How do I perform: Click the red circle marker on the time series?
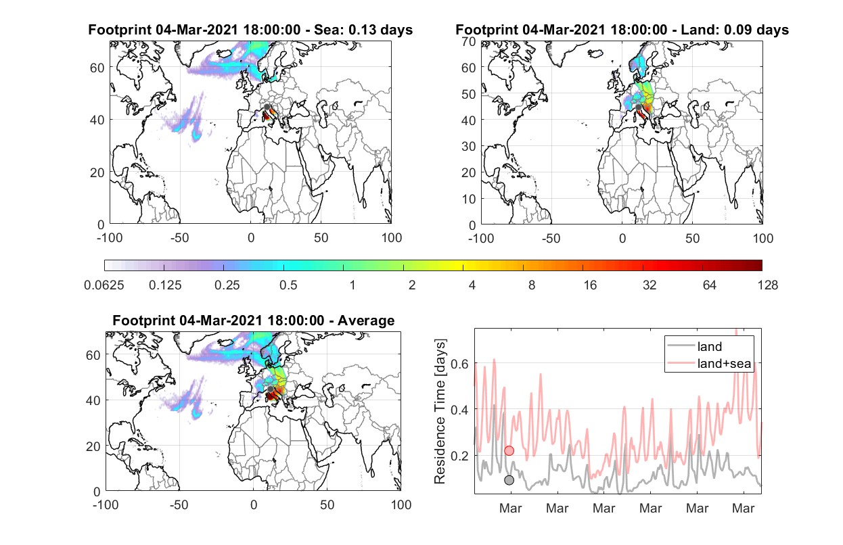point(509,450)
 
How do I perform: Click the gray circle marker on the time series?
point(509,480)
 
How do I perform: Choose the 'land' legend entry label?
point(710,346)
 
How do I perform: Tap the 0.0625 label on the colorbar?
point(104,285)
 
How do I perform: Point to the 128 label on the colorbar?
point(767,285)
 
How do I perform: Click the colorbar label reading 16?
point(590,285)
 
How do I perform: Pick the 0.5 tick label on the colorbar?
point(288,285)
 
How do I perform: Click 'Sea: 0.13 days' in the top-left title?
point(363,30)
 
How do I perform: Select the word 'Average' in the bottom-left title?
point(366,321)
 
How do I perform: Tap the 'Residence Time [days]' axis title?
point(440,412)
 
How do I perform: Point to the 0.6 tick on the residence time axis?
point(459,364)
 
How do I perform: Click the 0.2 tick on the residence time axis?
point(459,456)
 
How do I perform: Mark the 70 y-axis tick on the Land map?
point(469,41)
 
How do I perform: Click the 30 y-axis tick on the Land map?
point(469,146)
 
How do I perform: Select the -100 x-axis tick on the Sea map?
point(110,238)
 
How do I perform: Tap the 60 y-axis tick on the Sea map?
point(97,68)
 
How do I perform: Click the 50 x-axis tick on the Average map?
point(327,504)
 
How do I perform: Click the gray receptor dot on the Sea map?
point(267,108)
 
